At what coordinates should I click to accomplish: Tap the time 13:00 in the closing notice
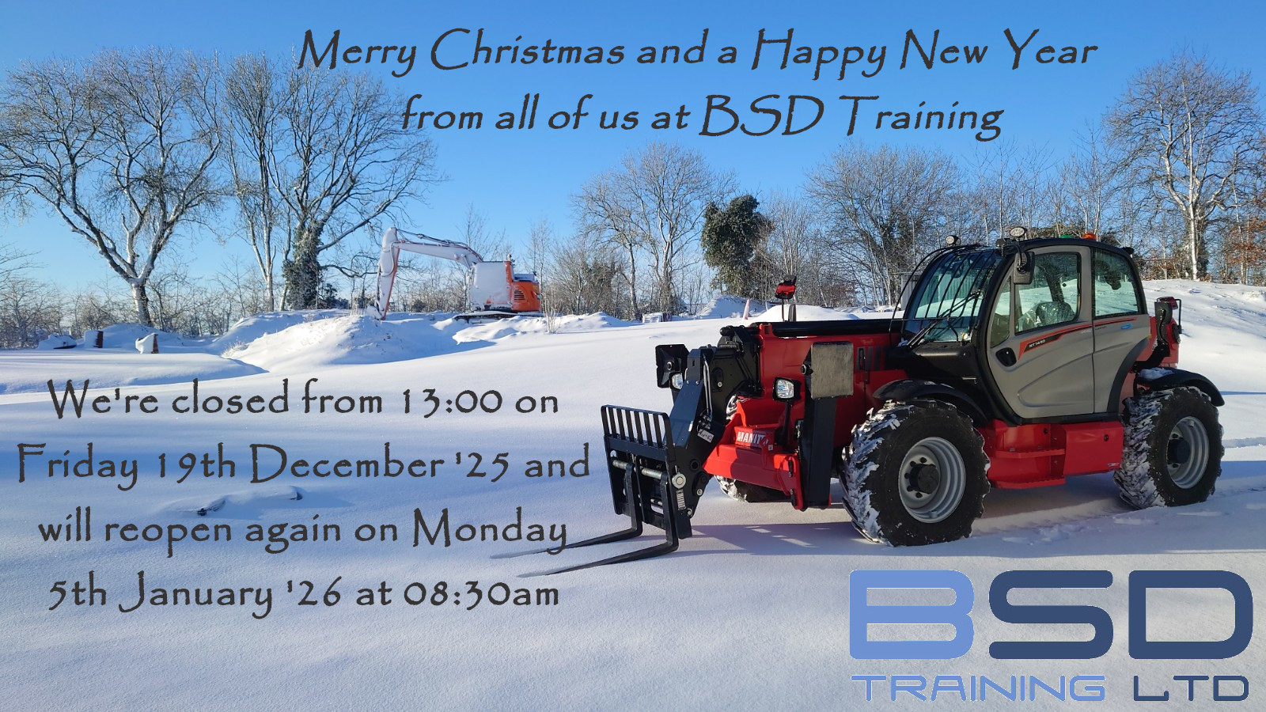point(451,402)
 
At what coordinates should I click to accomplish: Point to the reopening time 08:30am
point(481,593)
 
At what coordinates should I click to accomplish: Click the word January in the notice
point(196,594)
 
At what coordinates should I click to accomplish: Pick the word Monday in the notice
point(490,530)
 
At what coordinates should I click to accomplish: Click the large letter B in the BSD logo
point(911,614)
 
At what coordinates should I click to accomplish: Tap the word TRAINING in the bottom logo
point(978,687)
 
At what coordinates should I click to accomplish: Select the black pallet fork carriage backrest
point(638,428)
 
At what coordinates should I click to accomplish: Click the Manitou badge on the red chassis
point(751,437)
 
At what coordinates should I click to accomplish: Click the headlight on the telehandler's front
point(784,388)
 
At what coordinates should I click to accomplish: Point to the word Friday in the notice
point(78,465)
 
